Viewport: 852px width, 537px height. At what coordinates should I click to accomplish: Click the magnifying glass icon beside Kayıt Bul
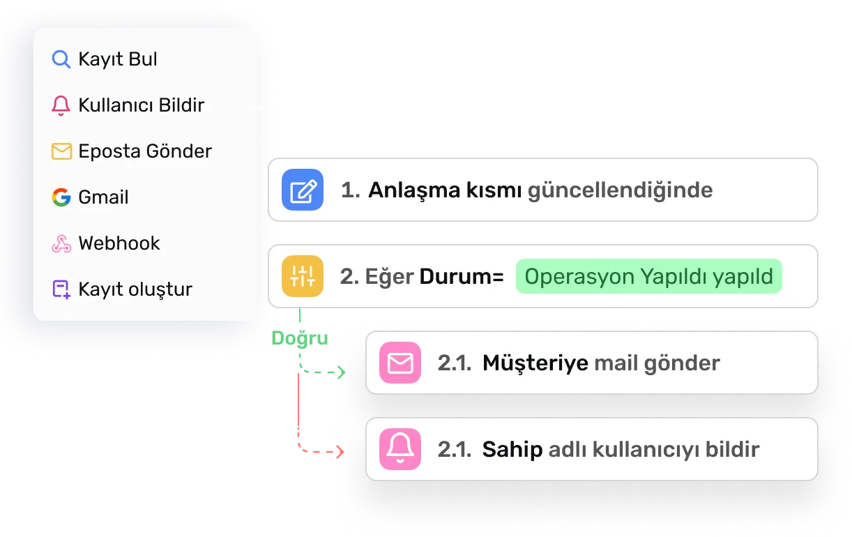pyautogui.click(x=61, y=60)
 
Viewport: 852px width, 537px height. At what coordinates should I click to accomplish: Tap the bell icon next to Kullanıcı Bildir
pyautogui.click(x=61, y=106)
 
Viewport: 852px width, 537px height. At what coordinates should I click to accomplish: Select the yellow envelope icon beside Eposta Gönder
pyautogui.click(x=61, y=151)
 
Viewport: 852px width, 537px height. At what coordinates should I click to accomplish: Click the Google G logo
pyautogui.click(x=61, y=197)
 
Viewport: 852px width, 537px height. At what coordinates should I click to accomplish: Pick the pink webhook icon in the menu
pyautogui.click(x=61, y=243)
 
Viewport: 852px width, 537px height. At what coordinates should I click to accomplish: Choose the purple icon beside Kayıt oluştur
pyautogui.click(x=61, y=289)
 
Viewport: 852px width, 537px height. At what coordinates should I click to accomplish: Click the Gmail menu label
pyautogui.click(x=103, y=197)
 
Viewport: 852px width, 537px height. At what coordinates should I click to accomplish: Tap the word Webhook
pyautogui.click(x=119, y=243)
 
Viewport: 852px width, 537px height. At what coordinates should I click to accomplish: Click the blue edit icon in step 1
pyautogui.click(x=303, y=190)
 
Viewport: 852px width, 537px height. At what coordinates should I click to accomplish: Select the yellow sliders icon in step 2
pyautogui.click(x=303, y=276)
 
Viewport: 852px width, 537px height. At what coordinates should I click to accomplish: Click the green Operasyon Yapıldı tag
pyautogui.click(x=648, y=276)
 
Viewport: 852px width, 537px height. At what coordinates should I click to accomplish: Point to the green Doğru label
pyautogui.click(x=299, y=338)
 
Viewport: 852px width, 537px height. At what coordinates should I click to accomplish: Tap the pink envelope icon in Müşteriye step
pyautogui.click(x=400, y=363)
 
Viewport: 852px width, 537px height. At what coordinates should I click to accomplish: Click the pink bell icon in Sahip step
pyautogui.click(x=400, y=449)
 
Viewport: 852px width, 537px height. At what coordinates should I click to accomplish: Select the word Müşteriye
pyautogui.click(x=535, y=363)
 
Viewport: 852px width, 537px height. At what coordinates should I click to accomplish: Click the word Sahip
pyautogui.click(x=512, y=449)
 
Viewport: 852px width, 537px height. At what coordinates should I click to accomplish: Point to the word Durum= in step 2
pyautogui.click(x=461, y=276)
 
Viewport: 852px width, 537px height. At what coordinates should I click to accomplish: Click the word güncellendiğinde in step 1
pyautogui.click(x=620, y=190)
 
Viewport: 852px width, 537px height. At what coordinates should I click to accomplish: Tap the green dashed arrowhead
pyautogui.click(x=341, y=372)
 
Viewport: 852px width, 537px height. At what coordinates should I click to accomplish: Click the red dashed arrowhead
pyautogui.click(x=341, y=452)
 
